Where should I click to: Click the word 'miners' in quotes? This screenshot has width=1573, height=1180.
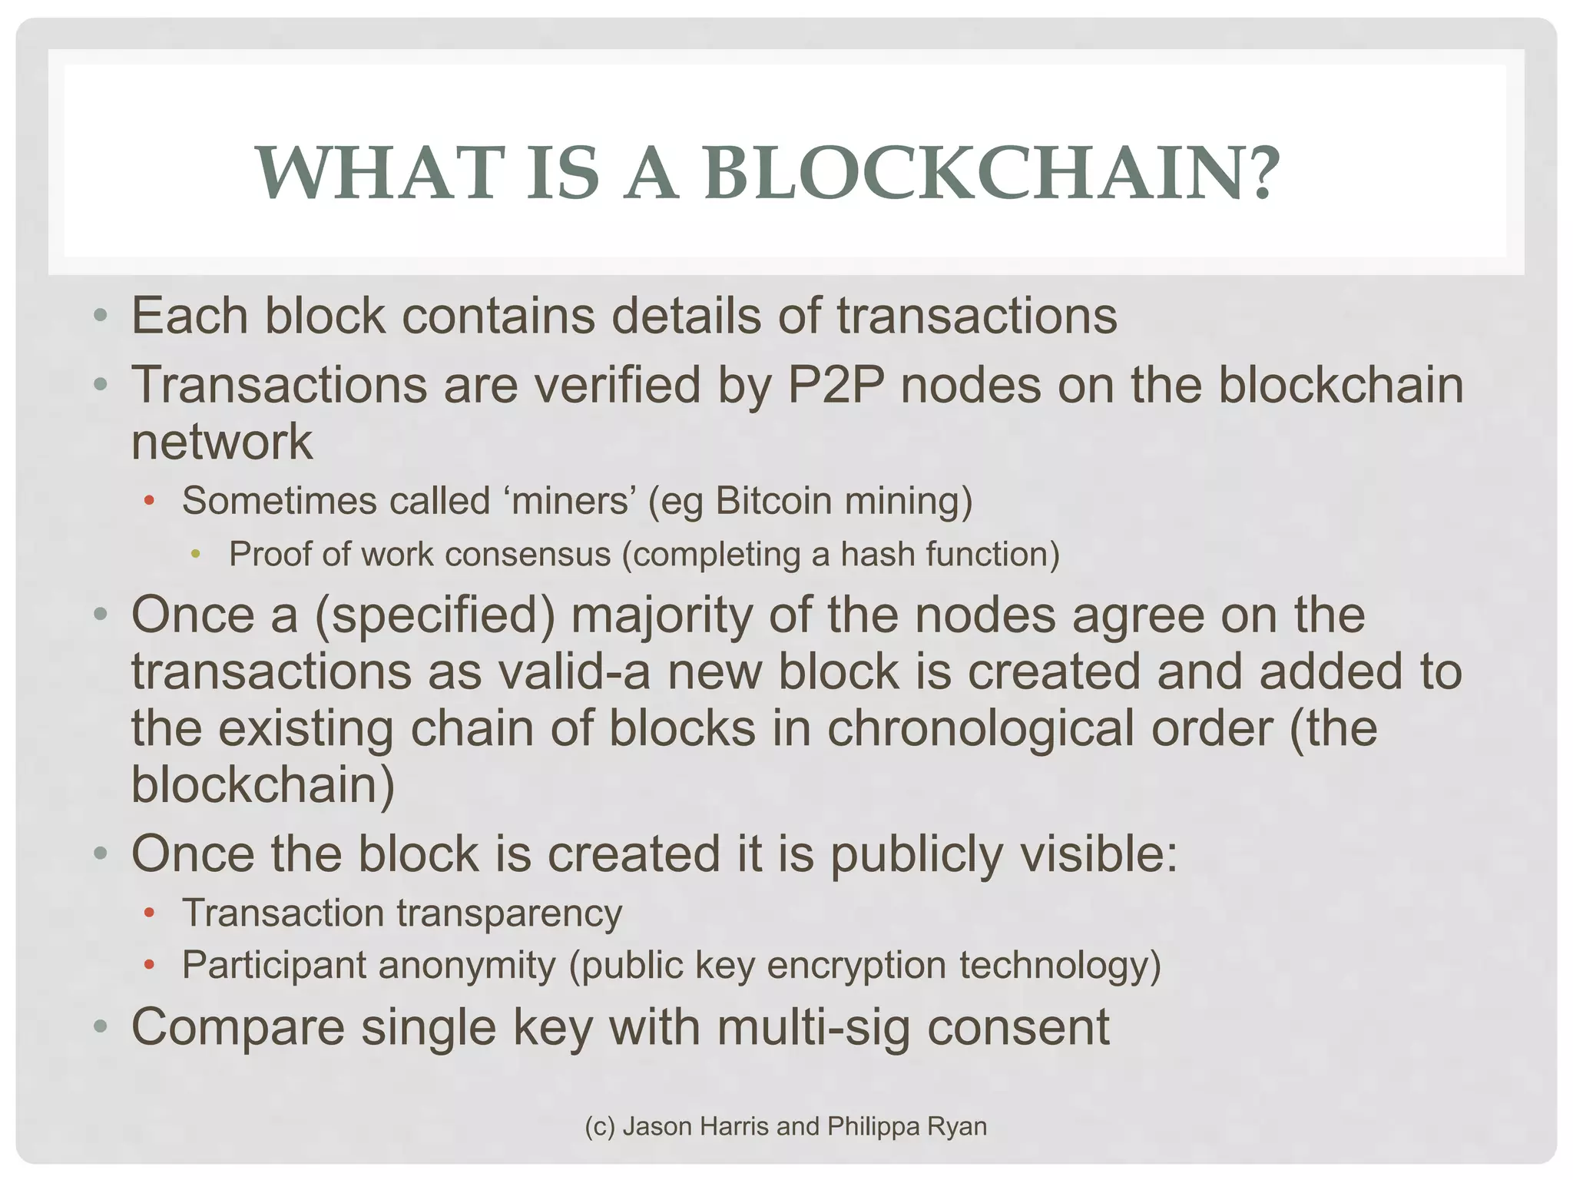point(571,501)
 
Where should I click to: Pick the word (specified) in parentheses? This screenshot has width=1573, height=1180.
point(435,615)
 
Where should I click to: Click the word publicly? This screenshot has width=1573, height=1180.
point(916,854)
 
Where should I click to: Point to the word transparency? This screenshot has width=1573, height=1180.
point(509,913)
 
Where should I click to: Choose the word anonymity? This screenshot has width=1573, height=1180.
point(467,965)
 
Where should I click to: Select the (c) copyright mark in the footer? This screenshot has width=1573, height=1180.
point(600,1126)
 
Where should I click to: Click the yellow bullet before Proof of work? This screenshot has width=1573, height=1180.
point(196,554)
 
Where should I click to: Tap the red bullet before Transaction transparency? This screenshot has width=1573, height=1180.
point(150,913)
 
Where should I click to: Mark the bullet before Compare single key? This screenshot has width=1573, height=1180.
point(99,1027)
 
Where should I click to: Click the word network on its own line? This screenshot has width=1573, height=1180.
point(222,442)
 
